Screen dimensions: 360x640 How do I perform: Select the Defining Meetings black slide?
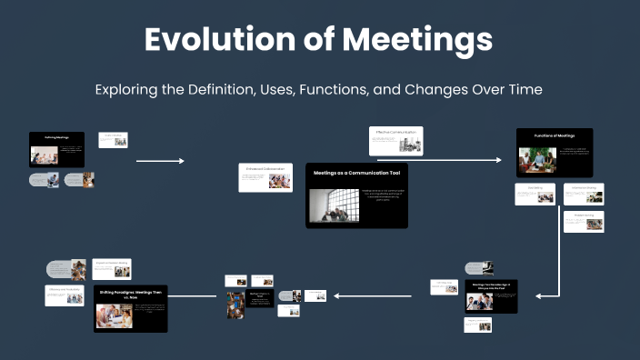point(57,149)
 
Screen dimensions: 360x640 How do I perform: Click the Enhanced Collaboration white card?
point(265,176)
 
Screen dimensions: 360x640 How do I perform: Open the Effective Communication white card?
point(395,140)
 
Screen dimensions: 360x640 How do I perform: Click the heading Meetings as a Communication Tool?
point(356,172)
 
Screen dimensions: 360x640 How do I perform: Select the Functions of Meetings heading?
point(555,135)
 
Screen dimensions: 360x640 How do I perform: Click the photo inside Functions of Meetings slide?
point(537,160)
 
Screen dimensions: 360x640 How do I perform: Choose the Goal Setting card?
point(535,194)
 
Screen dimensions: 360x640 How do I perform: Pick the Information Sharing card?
point(583,194)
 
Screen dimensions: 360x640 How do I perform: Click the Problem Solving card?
point(583,221)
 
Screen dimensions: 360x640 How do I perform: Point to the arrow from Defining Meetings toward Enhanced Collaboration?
point(160,161)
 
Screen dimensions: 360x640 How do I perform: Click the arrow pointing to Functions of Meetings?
point(464,160)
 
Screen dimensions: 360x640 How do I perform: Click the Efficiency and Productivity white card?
point(65,294)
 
